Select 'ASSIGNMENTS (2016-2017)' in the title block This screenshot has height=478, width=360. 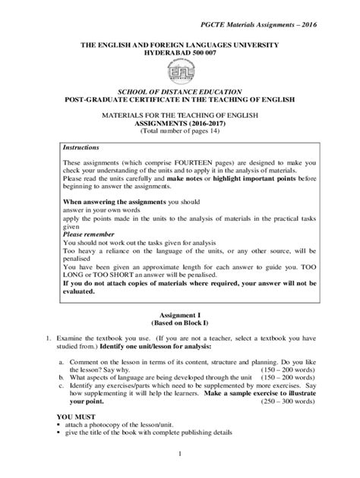[179, 121]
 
